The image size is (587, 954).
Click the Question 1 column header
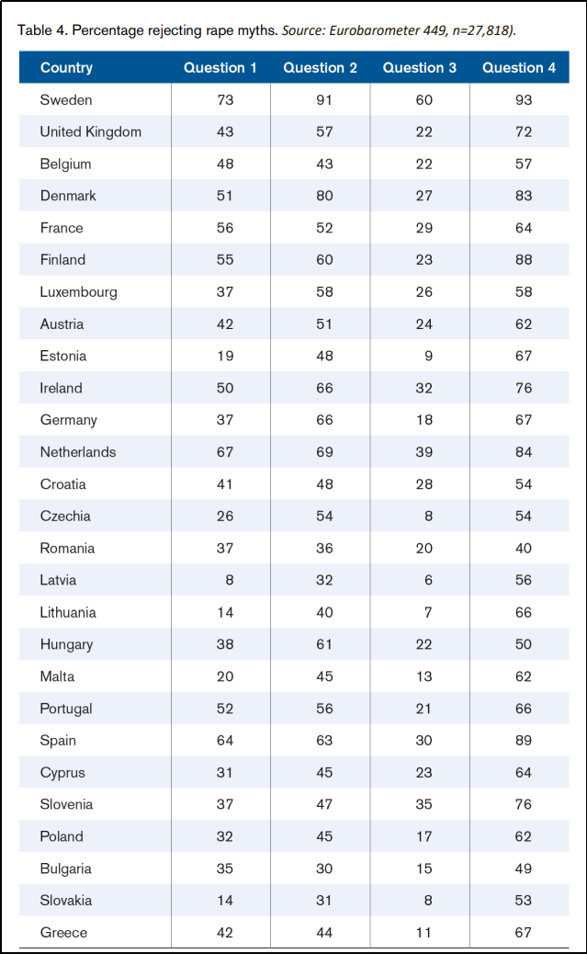[220, 67]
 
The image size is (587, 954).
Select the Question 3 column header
[420, 67]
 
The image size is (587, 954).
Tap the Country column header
[66, 67]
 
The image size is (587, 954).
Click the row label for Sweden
[66, 99]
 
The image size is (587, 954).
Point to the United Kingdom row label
[90, 131]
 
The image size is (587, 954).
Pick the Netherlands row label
[77, 452]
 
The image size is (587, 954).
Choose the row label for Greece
[63, 933]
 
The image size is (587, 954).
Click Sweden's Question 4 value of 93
[524, 99]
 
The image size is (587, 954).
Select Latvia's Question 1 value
[225, 580]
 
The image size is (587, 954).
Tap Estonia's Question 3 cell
[423, 356]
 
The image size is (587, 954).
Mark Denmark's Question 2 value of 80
[323, 196]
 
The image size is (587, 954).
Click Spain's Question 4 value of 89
[524, 741]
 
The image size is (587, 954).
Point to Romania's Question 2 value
[323, 548]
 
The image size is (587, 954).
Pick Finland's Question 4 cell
[524, 260]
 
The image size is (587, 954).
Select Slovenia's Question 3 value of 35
[423, 804]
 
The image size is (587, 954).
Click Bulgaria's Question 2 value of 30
[323, 869]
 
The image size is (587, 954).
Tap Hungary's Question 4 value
[524, 644]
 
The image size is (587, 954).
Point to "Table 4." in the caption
[42, 30]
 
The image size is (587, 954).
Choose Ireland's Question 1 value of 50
[225, 388]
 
